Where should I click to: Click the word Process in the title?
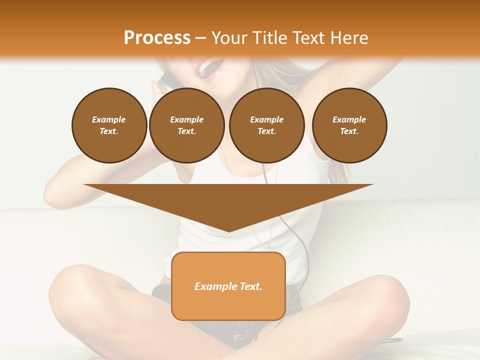[x=157, y=37]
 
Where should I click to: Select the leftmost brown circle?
[x=109, y=125]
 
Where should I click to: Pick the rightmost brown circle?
[x=349, y=125]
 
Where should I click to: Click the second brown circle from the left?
[x=186, y=125]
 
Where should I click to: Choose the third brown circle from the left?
[x=266, y=125]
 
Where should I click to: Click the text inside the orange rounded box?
[x=228, y=286]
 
